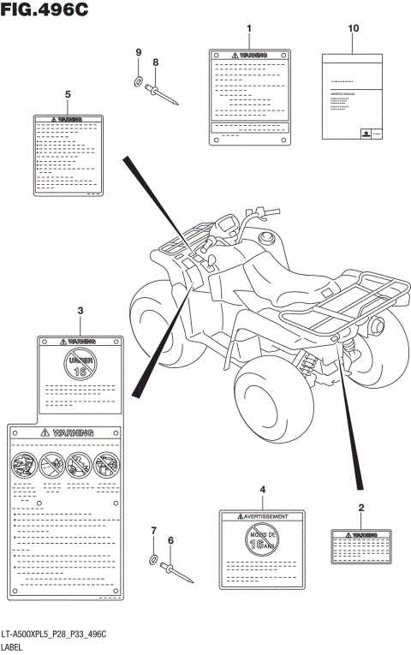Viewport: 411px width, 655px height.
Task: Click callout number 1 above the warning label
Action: point(248,29)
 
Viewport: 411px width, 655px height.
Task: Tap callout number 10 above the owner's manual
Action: point(353,29)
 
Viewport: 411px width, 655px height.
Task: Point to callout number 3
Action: point(79,310)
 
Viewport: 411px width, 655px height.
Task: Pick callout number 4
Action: point(263,488)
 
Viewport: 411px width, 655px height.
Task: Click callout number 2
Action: point(360,509)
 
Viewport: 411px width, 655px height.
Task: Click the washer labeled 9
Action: point(138,83)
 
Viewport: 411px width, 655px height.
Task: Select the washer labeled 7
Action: point(153,560)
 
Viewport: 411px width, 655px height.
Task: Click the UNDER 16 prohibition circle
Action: point(80,365)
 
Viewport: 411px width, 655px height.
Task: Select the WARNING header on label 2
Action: point(360,534)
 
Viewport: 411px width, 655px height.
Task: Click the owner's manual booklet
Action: point(353,96)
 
